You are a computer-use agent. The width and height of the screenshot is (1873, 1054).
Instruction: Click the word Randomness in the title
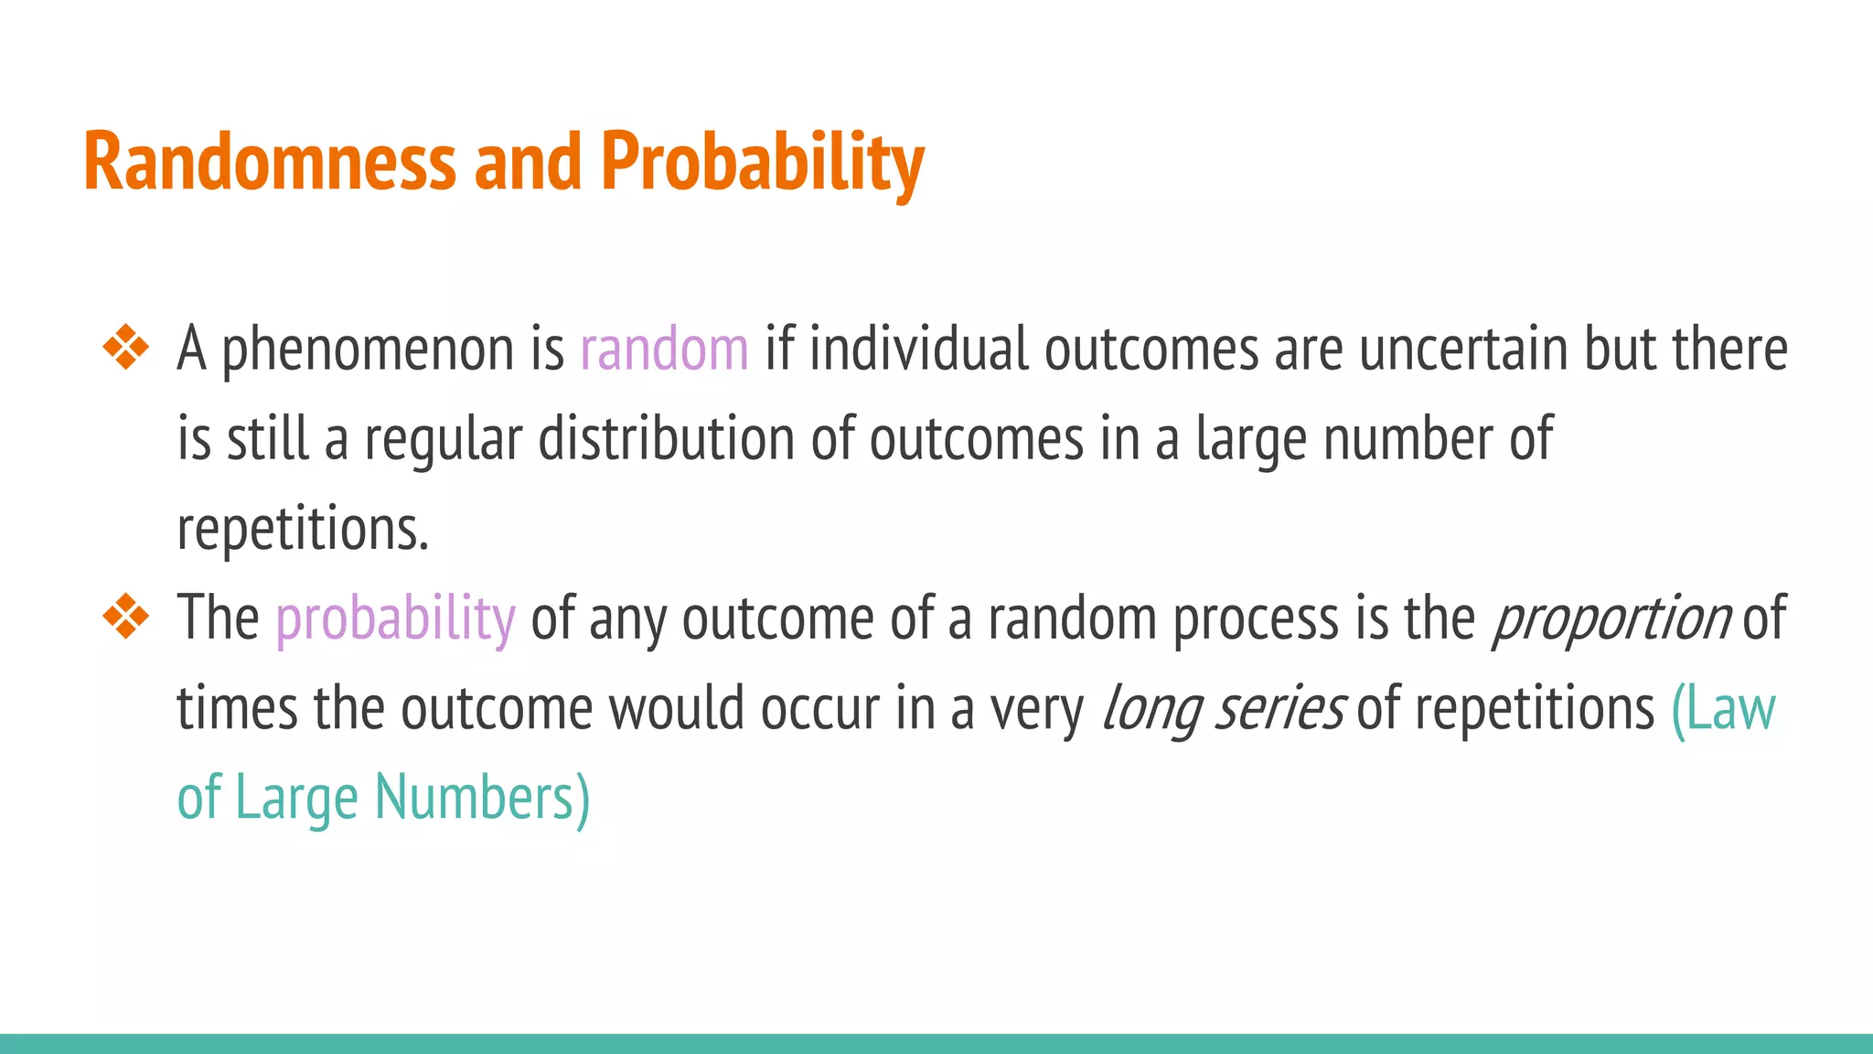pos(269,162)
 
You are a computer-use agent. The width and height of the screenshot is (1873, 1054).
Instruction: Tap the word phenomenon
pos(369,351)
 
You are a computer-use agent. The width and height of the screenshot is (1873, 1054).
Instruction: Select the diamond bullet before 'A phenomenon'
pos(126,349)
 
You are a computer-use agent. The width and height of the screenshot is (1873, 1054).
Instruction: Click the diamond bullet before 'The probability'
pos(126,618)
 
